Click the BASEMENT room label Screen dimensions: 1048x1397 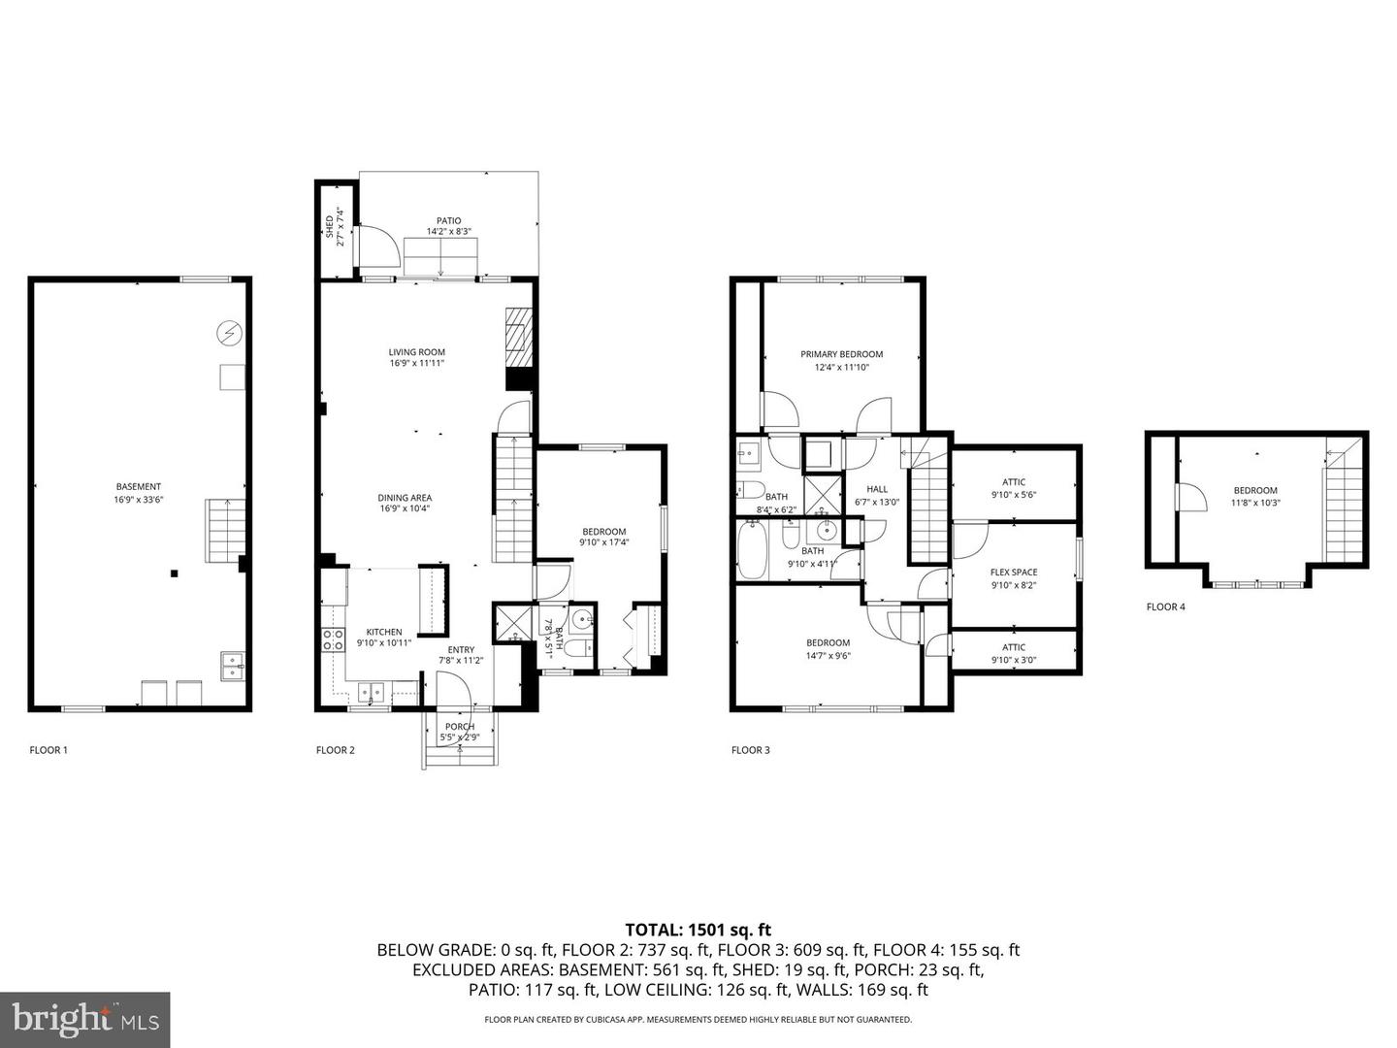pos(138,487)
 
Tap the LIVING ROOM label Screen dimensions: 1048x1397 pos(416,352)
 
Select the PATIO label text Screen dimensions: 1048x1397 pos(448,221)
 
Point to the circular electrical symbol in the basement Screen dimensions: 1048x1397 pos(229,334)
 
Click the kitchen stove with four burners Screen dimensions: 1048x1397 pos(333,639)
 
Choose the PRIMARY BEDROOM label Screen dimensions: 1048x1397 pos(841,354)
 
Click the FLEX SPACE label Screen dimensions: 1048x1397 pos(1013,573)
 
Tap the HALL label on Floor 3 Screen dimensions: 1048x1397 pos(876,489)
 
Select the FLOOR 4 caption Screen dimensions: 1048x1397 pos(1165,607)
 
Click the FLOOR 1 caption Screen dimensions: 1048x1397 pos(49,750)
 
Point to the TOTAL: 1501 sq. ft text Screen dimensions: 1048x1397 pos(698,930)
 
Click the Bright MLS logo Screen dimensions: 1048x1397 pos(85,1019)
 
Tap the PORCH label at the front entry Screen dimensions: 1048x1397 pos(459,727)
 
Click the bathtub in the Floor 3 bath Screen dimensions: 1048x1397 pos(753,552)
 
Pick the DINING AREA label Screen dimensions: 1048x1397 pos(405,498)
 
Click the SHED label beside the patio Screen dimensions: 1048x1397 pos(330,227)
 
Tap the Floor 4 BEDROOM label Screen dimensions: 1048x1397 pos(1254,490)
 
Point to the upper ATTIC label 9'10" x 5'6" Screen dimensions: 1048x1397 pos(1014,482)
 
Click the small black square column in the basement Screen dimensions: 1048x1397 pos(174,573)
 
